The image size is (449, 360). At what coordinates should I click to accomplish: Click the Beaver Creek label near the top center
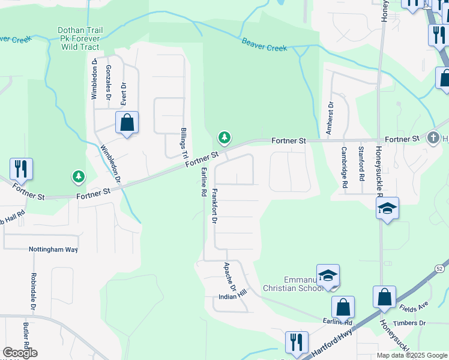pos(264,44)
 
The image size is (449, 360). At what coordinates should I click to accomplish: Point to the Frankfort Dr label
pos(214,206)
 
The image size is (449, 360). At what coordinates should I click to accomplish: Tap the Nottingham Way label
pos(53,249)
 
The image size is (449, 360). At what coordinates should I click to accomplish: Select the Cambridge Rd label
pos(345,168)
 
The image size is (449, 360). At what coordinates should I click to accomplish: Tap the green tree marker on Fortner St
pos(224,138)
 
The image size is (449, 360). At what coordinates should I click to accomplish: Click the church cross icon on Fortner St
pos(433,139)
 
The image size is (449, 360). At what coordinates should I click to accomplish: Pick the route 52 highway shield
pos(441,268)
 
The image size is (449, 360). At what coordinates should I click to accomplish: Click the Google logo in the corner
pos(20,353)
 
